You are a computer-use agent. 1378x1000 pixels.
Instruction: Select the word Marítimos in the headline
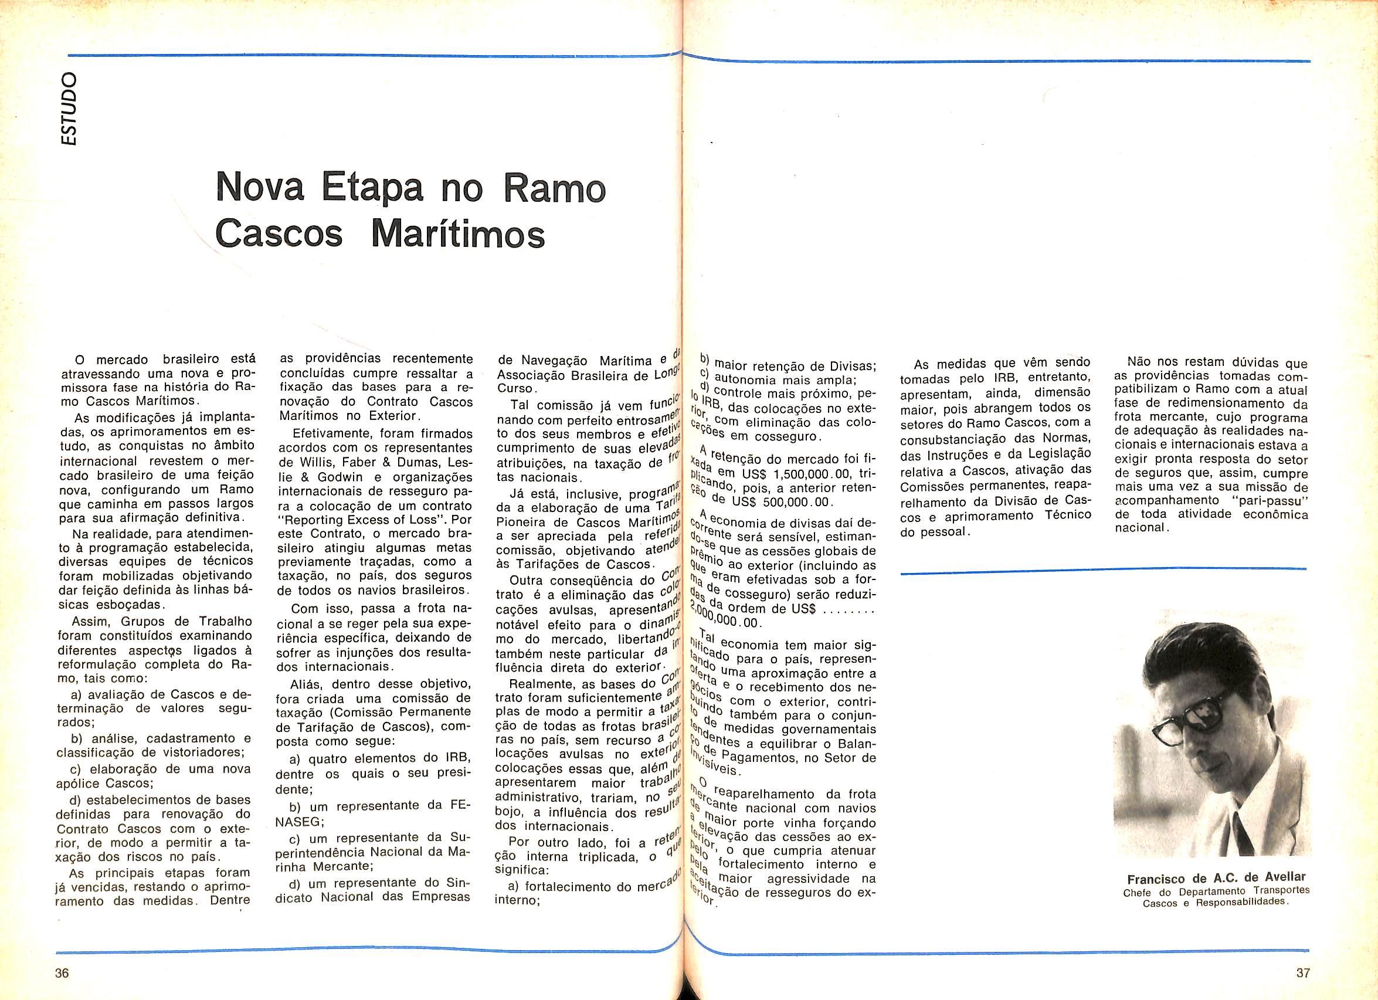click(x=457, y=234)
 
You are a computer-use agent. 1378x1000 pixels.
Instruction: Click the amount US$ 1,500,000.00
click(x=789, y=474)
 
